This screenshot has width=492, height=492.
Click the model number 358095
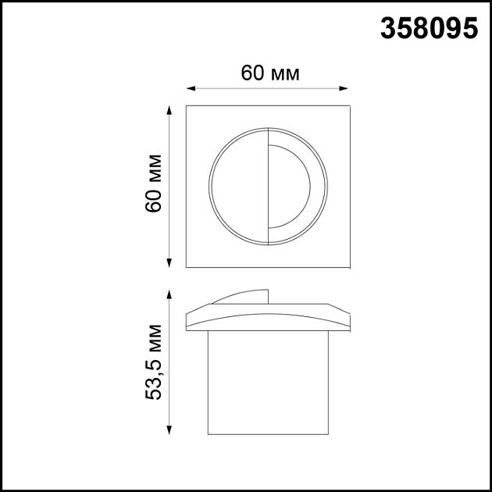click(x=429, y=29)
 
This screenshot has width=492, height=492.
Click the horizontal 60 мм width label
click(x=270, y=73)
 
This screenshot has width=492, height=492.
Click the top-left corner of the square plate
click(x=187, y=105)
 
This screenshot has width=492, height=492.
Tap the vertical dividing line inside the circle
click(x=268, y=186)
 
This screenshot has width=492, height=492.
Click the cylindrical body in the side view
click(x=267, y=383)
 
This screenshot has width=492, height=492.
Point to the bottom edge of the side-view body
click(x=267, y=433)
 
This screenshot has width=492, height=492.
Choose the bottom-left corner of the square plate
click(x=187, y=266)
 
